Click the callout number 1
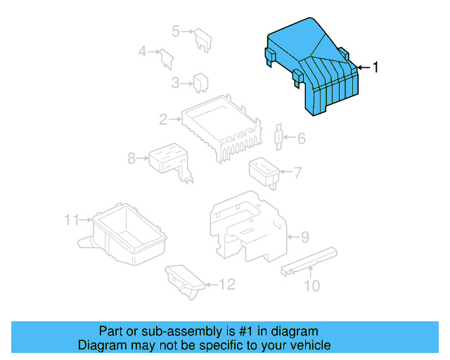(375, 67)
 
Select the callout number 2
(162, 120)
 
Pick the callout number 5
(176, 30)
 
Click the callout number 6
(301, 139)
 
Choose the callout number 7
(297, 172)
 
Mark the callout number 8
(131, 159)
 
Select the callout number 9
(304, 238)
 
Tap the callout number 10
(311, 285)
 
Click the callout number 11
(72, 220)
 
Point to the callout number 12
(226, 284)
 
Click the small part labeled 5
(204, 39)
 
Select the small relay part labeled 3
(200, 82)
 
